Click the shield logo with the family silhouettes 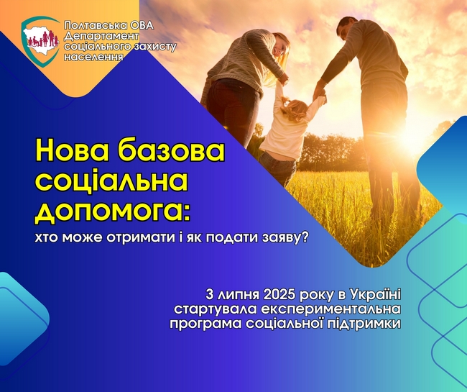[x=40, y=42]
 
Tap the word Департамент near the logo [x=101, y=37]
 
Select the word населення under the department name [x=93, y=57]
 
